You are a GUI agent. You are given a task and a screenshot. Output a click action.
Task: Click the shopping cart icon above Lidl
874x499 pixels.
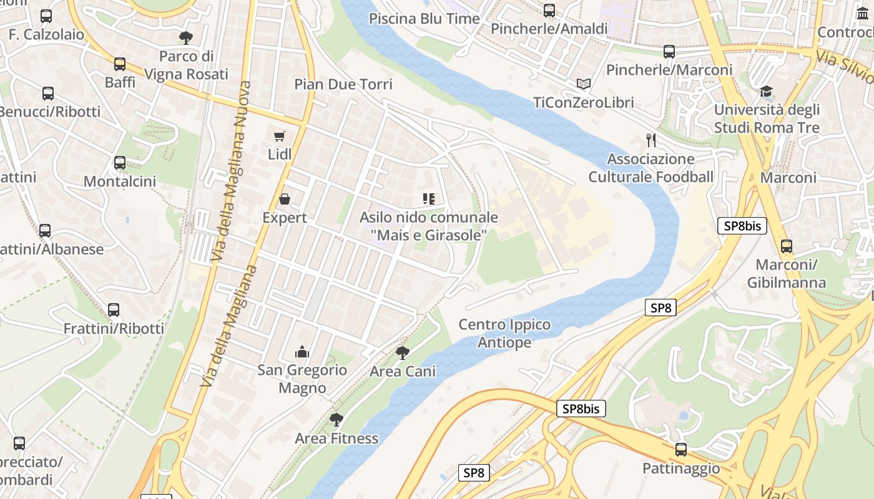(x=279, y=136)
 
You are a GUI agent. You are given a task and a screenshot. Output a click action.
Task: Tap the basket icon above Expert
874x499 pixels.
(x=285, y=199)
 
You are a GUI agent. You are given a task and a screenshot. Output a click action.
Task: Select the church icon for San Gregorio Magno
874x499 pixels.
(x=302, y=352)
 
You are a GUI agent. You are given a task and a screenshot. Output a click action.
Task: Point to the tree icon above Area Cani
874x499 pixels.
(x=403, y=353)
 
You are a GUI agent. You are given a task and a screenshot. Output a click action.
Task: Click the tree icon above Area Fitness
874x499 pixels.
(x=336, y=420)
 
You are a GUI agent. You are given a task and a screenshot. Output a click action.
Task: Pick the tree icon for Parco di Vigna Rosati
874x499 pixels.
(x=185, y=38)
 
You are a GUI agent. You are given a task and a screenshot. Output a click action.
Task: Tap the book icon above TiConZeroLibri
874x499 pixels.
(x=584, y=84)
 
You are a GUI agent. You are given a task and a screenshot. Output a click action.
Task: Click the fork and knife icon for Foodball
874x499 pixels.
(x=651, y=140)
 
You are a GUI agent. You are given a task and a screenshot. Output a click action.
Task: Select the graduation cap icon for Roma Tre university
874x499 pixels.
(x=767, y=92)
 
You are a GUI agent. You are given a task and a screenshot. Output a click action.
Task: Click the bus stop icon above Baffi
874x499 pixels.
(x=120, y=64)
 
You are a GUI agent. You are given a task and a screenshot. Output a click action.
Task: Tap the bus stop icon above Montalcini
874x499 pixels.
(x=120, y=163)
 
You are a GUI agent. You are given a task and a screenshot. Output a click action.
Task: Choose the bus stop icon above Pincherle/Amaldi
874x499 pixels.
(x=549, y=11)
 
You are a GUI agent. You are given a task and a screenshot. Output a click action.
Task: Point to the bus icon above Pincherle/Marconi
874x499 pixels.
(x=669, y=52)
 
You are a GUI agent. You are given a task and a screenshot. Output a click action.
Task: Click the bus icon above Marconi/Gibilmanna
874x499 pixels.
(x=787, y=246)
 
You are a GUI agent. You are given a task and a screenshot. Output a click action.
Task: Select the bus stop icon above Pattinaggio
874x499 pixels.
(x=681, y=450)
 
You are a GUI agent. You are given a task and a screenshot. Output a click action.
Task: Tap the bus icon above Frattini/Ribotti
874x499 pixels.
(x=114, y=310)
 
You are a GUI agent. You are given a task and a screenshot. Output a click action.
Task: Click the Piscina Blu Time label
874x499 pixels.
(x=424, y=19)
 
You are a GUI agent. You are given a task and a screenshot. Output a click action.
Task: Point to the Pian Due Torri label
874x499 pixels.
(x=343, y=84)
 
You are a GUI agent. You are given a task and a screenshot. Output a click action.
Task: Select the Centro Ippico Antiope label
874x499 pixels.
(x=504, y=334)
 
